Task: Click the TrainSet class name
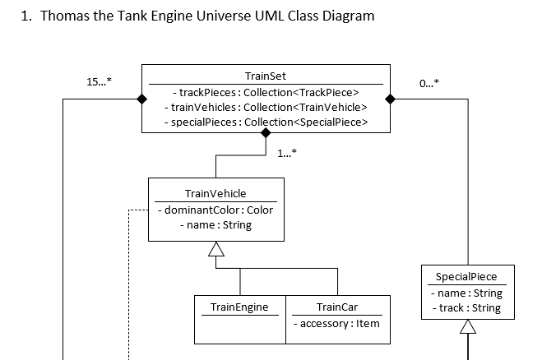coord(266,76)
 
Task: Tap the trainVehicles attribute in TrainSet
coord(266,107)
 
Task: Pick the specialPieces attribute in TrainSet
coord(266,122)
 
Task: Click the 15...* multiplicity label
coord(100,82)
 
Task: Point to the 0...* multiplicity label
coord(429,82)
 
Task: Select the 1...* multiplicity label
coord(287,153)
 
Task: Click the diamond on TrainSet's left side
coord(141,99)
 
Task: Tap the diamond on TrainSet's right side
coord(391,99)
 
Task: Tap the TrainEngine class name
coord(239,307)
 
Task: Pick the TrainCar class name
coord(338,307)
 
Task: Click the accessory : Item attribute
coord(338,323)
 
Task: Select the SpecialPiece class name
coord(466,276)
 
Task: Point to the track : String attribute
coord(466,308)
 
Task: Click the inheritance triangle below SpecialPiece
coord(467,326)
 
